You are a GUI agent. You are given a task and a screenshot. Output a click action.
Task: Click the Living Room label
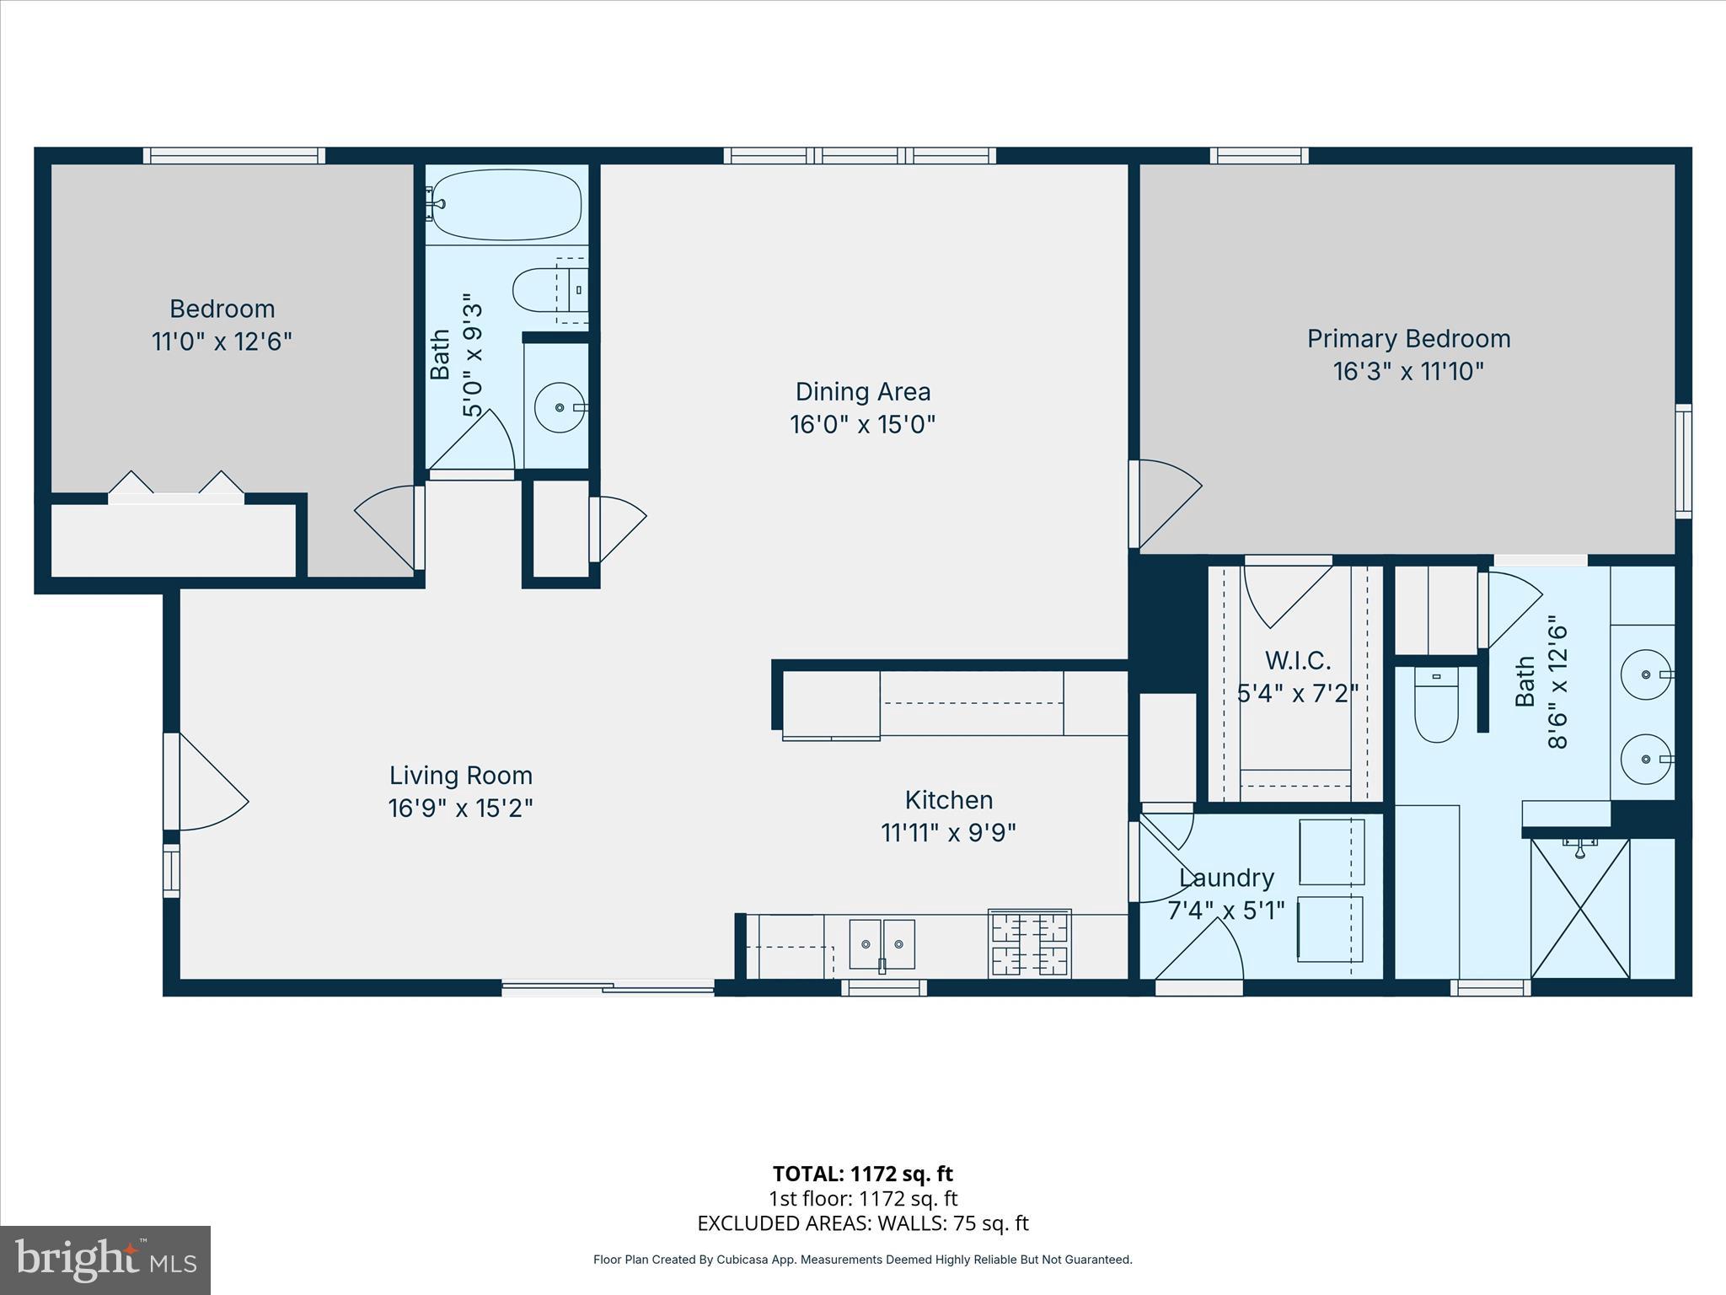(x=460, y=776)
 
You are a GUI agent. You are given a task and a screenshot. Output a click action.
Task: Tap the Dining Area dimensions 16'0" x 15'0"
(x=862, y=424)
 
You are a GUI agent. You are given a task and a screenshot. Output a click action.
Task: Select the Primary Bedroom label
(x=1408, y=339)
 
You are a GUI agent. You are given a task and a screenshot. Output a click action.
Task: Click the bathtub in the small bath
(x=507, y=205)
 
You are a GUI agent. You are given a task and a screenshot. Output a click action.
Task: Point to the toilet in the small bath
(x=539, y=289)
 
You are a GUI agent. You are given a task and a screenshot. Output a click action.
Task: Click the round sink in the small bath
(x=560, y=407)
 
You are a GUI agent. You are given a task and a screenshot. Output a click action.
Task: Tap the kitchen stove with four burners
(x=1029, y=943)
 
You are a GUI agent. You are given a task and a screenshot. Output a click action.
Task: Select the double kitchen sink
(x=882, y=944)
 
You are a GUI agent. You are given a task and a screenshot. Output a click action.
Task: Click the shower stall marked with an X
(x=1579, y=908)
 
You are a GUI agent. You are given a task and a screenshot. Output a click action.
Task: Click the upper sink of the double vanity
(x=1646, y=674)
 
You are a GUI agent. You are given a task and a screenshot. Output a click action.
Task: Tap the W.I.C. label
(x=1297, y=660)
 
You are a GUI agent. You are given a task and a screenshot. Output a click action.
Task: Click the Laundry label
(x=1226, y=879)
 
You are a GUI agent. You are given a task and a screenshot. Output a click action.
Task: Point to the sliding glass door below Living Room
(x=608, y=987)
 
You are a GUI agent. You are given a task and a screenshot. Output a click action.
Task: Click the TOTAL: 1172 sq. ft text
(x=862, y=1174)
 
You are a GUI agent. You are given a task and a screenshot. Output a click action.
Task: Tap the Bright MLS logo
(x=105, y=1260)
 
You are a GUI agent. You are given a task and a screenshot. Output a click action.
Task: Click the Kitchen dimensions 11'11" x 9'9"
(x=948, y=833)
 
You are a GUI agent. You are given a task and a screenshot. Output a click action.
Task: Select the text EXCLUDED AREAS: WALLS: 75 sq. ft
(x=862, y=1223)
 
